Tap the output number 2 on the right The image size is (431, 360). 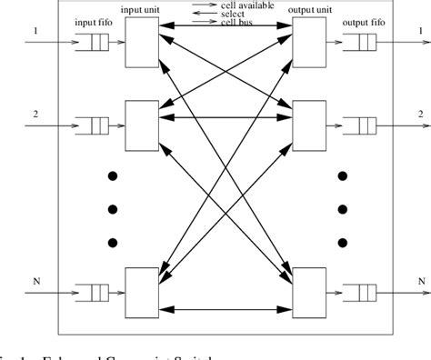(419, 114)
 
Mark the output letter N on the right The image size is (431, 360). (419, 281)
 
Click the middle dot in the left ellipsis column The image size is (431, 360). (112, 210)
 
